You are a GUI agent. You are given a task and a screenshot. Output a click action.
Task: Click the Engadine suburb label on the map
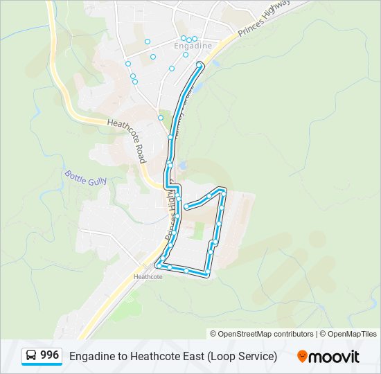[193, 46]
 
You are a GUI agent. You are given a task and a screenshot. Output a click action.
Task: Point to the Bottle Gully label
[86, 177]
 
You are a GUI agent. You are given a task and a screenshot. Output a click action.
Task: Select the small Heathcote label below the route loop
[148, 277]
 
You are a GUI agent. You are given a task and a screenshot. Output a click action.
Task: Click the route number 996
[49, 355]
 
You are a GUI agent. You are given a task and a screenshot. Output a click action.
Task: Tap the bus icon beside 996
[31, 355]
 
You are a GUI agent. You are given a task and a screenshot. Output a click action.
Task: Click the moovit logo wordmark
[334, 356]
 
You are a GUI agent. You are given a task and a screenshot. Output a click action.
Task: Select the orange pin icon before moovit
[302, 356]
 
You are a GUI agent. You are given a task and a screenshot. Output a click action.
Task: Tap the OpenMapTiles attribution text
[351, 334]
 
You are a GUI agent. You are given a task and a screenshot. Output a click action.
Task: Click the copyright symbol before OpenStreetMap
[213, 334]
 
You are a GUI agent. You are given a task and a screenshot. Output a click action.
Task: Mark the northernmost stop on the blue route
[200, 65]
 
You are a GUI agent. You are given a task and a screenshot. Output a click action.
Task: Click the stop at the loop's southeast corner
[206, 275]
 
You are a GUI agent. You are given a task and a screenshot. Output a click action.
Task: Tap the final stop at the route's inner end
[186, 206]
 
